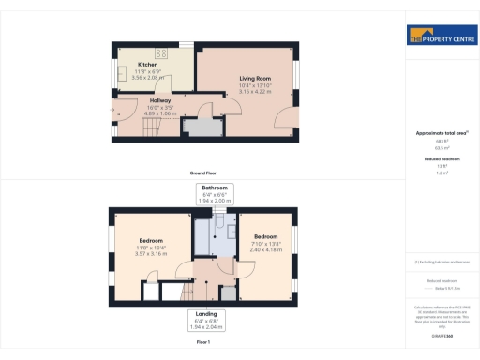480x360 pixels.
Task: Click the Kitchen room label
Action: point(147,64)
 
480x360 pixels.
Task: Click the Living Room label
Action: point(254,78)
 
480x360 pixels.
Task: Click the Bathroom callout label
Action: point(214,188)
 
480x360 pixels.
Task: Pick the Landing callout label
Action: point(207,313)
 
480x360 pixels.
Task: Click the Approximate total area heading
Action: point(440,134)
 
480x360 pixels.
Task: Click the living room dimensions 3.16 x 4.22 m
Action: point(254,92)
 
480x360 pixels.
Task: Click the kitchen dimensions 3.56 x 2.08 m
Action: point(147,77)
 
